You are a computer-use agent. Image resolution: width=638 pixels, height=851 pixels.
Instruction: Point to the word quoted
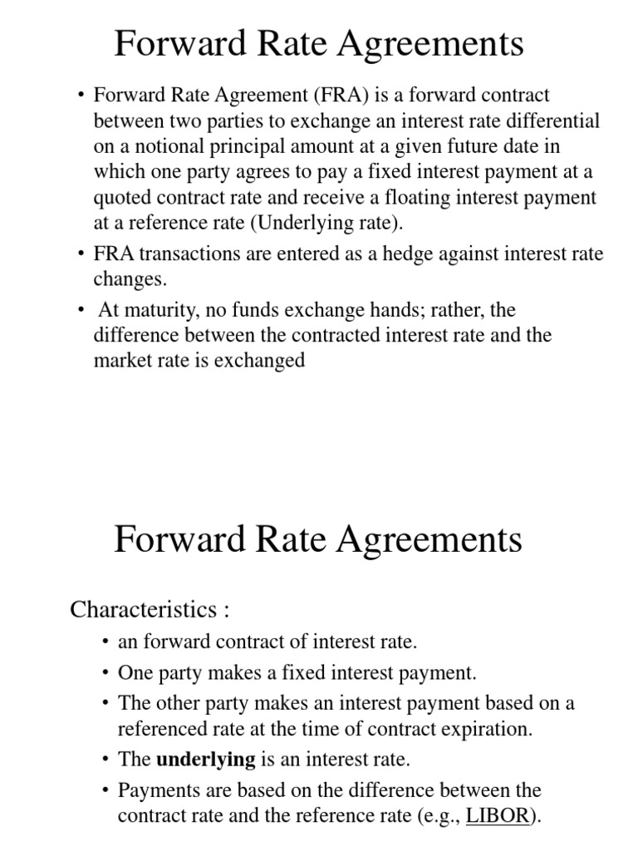(121, 198)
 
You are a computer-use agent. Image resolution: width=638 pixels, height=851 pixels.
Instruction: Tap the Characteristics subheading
(149, 609)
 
